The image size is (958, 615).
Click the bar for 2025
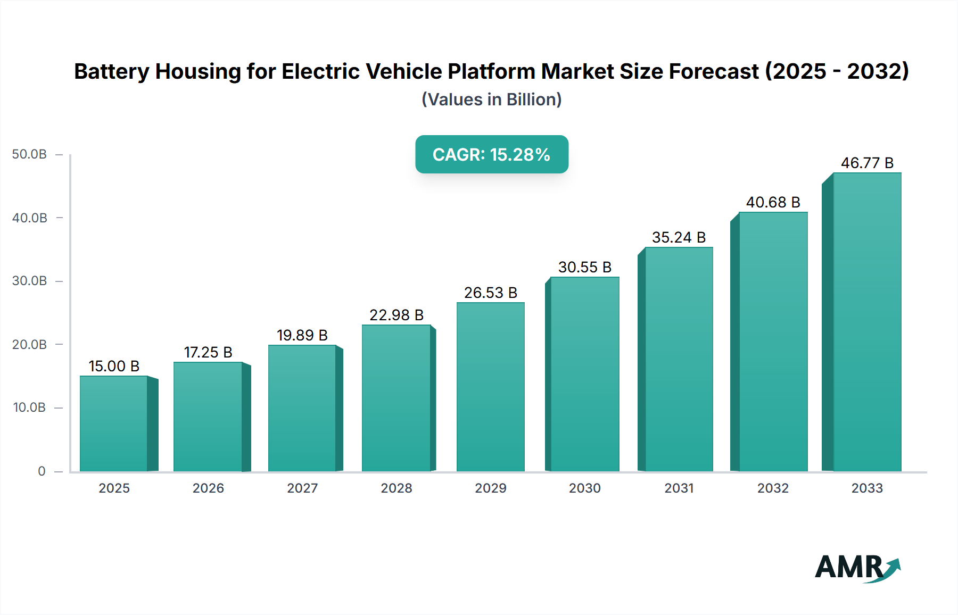click(114, 423)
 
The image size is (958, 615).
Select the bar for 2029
click(490, 387)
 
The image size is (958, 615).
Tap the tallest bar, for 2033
click(866, 322)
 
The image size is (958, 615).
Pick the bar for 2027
click(302, 408)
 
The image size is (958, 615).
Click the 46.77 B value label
click(867, 163)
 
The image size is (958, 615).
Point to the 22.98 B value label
click(397, 315)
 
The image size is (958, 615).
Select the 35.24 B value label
click(679, 237)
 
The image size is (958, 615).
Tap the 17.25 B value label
click(208, 352)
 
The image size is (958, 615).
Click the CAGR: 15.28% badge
click(491, 154)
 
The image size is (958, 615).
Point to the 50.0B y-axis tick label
click(30, 154)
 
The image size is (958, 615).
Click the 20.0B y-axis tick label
click(30, 344)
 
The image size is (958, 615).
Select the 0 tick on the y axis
click(42, 471)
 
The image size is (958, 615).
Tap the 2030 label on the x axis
click(584, 488)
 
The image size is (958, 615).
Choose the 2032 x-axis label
click(773, 488)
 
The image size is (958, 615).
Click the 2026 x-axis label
click(208, 488)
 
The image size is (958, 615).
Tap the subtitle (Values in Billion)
click(491, 99)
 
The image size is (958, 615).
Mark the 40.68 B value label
click(773, 202)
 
